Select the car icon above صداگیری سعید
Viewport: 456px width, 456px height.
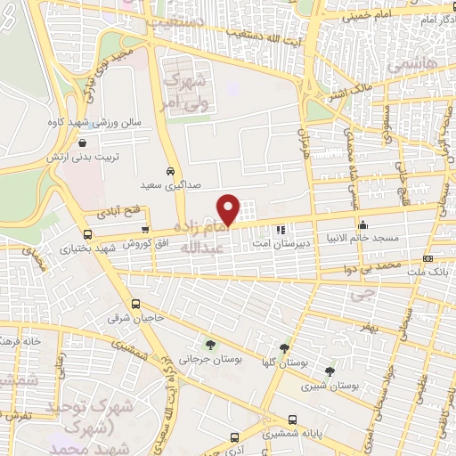click(170, 171)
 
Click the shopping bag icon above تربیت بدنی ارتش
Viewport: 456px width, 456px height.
click(82, 142)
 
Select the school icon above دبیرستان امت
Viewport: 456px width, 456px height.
click(281, 229)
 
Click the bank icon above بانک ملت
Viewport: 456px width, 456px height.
click(428, 259)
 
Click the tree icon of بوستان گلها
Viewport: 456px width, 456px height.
click(284, 348)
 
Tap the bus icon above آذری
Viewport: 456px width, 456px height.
click(235, 437)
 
